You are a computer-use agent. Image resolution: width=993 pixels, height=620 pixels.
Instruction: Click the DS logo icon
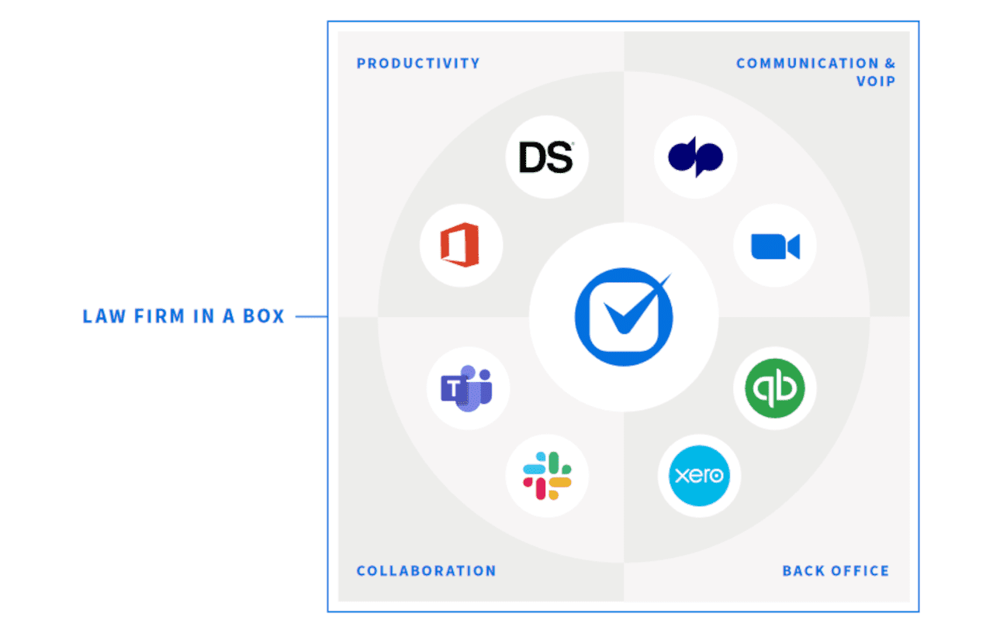[x=547, y=157]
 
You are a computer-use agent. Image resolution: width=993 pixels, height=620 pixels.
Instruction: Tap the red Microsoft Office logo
[x=461, y=247]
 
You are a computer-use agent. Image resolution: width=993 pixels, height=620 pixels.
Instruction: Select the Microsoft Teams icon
[x=467, y=388]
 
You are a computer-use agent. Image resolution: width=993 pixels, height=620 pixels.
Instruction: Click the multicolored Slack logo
[x=547, y=476]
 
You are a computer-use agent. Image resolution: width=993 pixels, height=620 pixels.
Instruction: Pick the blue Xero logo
[x=699, y=475]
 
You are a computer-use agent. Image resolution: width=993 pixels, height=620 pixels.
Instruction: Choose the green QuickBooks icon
[x=774, y=388]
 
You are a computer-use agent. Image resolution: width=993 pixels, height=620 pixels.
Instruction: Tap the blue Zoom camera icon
[x=774, y=246]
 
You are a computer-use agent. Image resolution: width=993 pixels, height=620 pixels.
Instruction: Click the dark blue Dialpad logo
[x=695, y=157]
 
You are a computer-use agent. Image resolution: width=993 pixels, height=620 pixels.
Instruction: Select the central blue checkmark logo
[x=623, y=317]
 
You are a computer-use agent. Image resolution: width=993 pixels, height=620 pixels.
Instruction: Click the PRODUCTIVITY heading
[x=418, y=64]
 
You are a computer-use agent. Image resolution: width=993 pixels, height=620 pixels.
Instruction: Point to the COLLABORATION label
[x=426, y=571]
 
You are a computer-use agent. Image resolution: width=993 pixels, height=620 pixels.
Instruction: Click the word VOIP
[x=876, y=81]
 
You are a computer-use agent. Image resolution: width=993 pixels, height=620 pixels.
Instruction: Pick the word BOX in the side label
[x=265, y=316]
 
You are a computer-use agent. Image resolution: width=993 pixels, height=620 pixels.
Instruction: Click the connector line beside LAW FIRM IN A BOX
[x=311, y=316]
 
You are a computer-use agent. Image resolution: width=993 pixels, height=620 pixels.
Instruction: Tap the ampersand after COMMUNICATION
[x=889, y=64]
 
